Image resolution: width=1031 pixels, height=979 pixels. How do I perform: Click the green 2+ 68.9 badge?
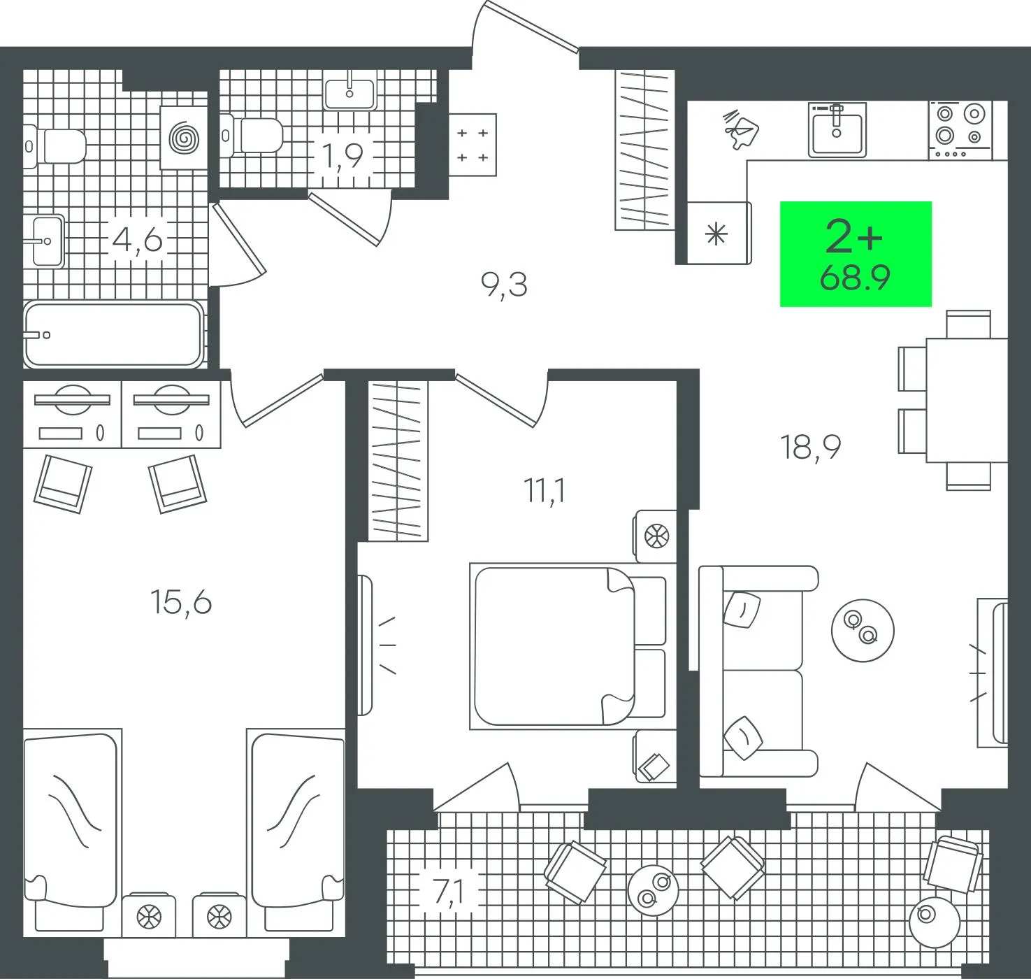(856, 254)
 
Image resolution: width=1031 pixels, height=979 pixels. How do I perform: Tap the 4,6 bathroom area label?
(138, 241)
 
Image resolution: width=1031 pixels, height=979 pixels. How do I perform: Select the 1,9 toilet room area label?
(343, 155)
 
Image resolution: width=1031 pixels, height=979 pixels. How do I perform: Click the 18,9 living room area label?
(811, 448)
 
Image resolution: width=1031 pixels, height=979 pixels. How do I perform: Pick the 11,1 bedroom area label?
(545, 492)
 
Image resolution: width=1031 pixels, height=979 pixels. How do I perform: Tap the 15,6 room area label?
(181, 602)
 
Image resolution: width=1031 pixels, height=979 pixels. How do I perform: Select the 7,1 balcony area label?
(449, 892)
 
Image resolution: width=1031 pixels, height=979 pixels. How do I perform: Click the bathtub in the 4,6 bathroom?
(113, 334)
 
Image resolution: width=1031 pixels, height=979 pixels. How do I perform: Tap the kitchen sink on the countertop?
(837, 129)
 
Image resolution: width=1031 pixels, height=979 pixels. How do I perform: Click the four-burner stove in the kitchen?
(960, 130)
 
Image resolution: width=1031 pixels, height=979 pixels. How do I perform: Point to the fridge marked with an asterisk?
(719, 233)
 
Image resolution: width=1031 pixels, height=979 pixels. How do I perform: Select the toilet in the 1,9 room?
(251, 135)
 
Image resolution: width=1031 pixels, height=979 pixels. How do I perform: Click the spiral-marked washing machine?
(184, 138)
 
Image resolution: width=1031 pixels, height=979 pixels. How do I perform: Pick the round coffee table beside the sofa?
(863, 631)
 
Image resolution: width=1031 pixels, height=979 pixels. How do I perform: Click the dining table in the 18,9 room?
(967, 400)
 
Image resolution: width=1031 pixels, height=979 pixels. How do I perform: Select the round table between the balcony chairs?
(653, 890)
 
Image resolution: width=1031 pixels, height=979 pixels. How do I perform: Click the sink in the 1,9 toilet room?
(349, 94)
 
